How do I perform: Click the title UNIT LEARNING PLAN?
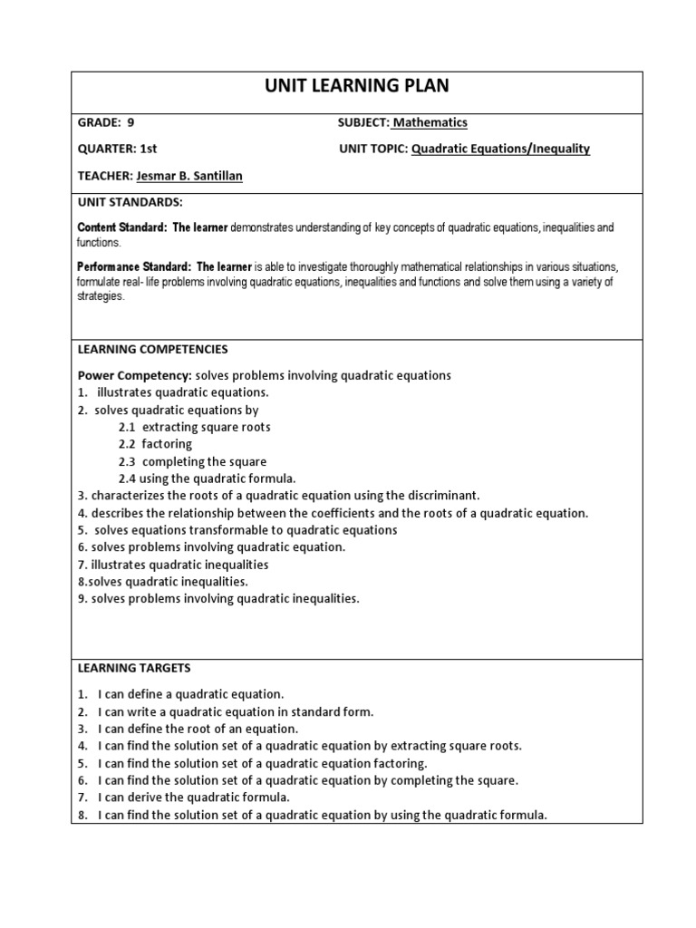click(356, 87)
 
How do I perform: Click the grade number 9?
click(130, 122)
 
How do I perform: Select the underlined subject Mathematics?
click(430, 122)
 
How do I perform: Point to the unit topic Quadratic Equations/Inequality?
click(500, 149)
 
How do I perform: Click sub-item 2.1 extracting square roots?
click(194, 427)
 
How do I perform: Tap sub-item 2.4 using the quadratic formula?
click(207, 478)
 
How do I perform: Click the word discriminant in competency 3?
click(440, 496)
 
